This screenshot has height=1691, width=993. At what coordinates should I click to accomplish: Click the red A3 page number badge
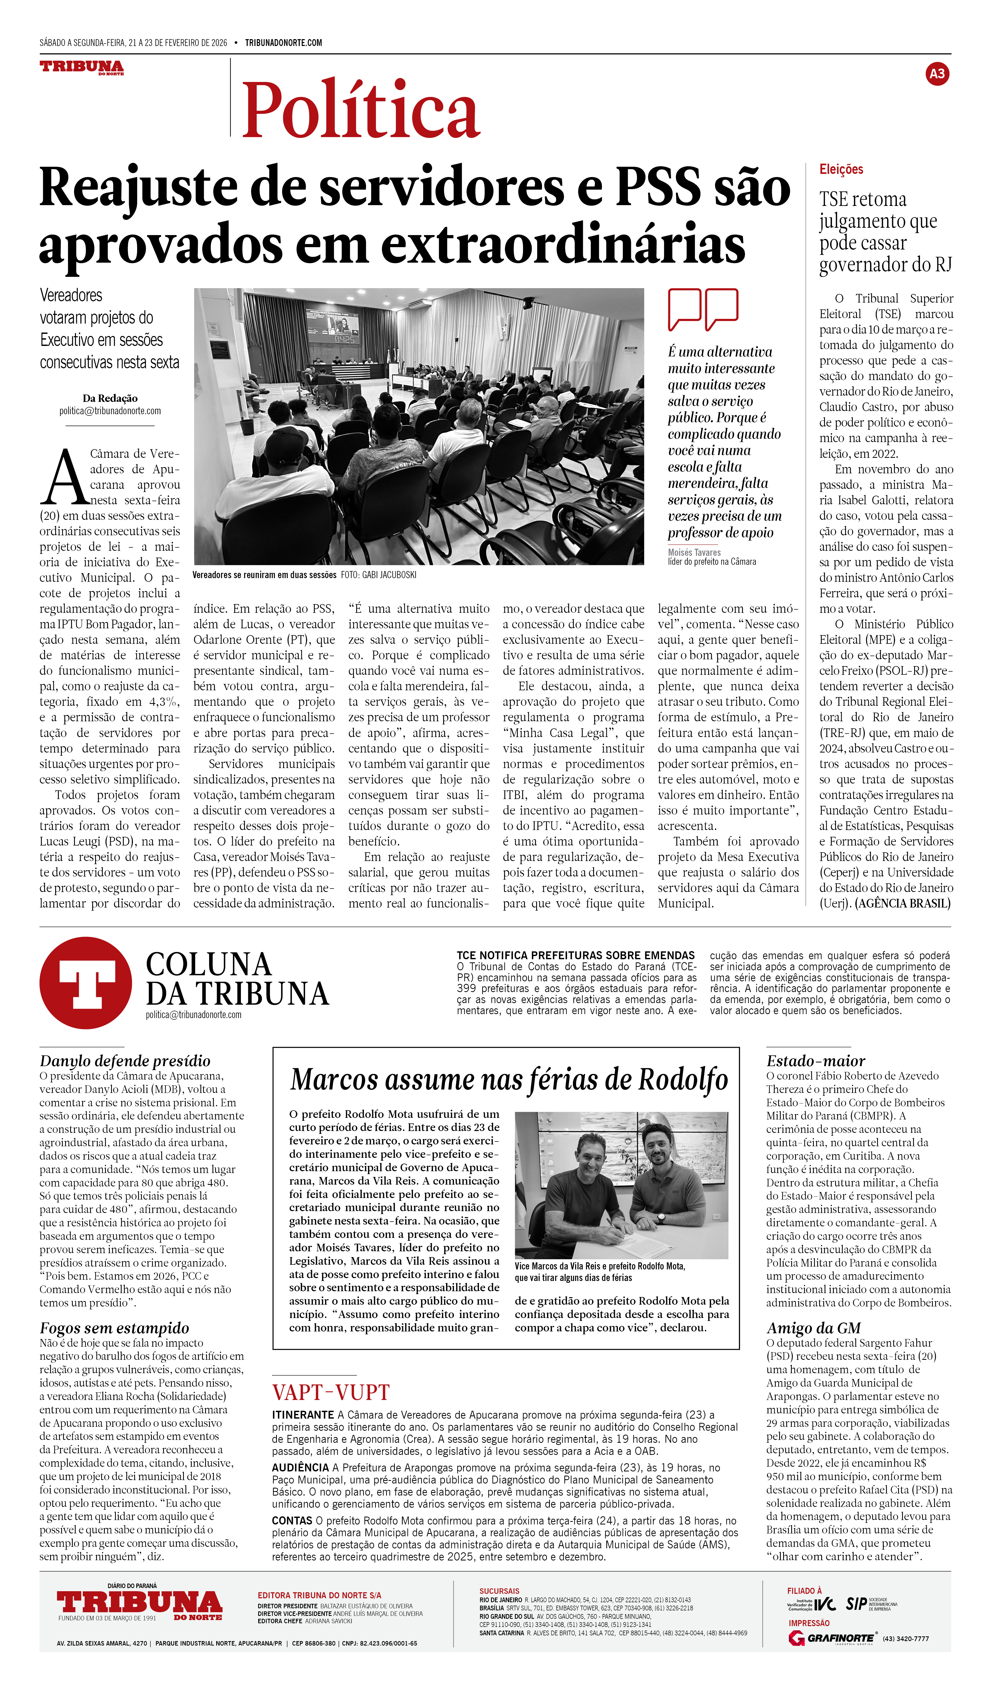coord(937,74)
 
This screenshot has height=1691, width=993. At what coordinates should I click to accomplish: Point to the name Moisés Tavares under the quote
coord(694,552)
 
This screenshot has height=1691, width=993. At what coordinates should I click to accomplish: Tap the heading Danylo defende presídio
coord(125,1061)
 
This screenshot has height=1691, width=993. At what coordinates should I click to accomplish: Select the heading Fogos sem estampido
coord(114,1328)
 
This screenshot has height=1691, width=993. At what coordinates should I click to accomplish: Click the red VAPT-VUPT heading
coord(331,1392)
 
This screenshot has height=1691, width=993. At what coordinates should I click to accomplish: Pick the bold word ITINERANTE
coord(303,1414)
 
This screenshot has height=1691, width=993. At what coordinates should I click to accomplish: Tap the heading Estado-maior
coord(815,1061)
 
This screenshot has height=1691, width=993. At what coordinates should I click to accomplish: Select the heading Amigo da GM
coord(813,1328)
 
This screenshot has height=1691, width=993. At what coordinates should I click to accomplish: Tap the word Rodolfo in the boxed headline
coord(682,1080)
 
